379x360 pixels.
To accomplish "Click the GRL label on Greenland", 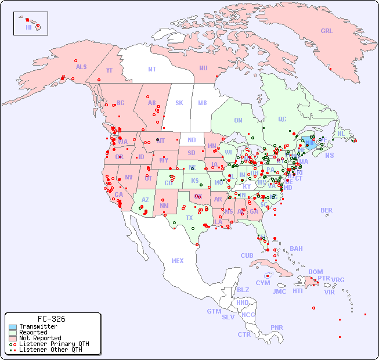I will click(x=327, y=31).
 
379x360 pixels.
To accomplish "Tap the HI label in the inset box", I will click(x=28, y=27).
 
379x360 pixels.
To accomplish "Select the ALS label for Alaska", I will click(x=81, y=67).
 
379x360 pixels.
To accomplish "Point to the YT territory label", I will click(x=109, y=70).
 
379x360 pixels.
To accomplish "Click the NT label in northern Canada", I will click(x=152, y=69).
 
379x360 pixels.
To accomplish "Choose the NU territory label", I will click(x=203, y=68).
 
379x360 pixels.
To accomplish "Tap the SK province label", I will click(x=179, y=103).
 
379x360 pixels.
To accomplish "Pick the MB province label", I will click(x=203, y=103).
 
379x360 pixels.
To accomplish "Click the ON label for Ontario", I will click(x=238, y=120).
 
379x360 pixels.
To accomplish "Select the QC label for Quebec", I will click(x=282, y=119).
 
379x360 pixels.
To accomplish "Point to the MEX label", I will click(x=178, y=261).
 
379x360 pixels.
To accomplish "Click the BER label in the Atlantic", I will click(x=327, y=210).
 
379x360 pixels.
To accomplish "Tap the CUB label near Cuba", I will click(x=247, y=255).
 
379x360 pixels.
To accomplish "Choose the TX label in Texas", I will click(x=189, y=218).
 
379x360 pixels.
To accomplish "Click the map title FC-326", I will click(x=52, y=319).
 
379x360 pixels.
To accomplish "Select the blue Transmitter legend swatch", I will click(x=13, y=327).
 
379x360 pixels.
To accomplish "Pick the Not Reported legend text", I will click(x=39, y=338).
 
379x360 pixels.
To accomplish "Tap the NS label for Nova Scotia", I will click(x=330, y=155).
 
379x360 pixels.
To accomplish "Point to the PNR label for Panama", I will click(x=277, y=327).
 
